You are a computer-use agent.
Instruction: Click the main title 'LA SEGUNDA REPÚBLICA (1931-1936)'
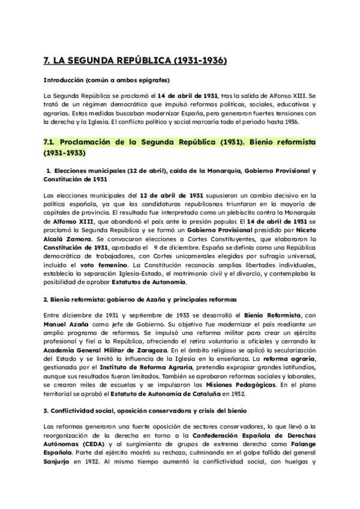[127, 60]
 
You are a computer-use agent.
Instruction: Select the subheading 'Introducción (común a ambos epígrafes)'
[106, 80]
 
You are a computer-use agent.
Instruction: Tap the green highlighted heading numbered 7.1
[180, 146]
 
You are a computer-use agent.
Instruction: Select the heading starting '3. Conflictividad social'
[134, 409]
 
